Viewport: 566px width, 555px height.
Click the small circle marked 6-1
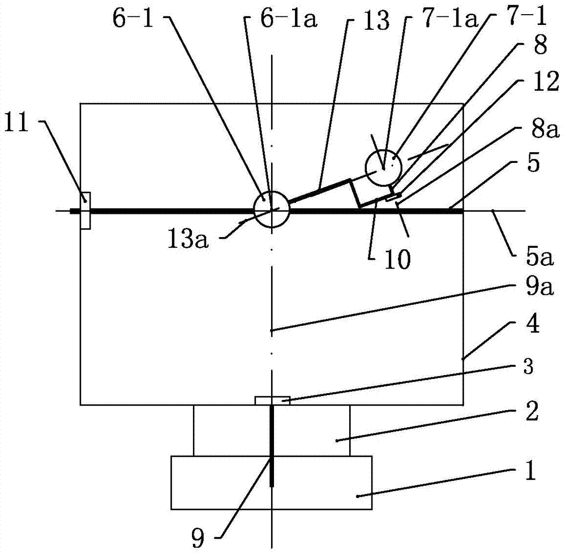pos(272,209)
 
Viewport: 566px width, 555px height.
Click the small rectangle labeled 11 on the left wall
pos(85,210)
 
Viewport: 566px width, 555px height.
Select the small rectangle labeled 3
pos(272,401)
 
